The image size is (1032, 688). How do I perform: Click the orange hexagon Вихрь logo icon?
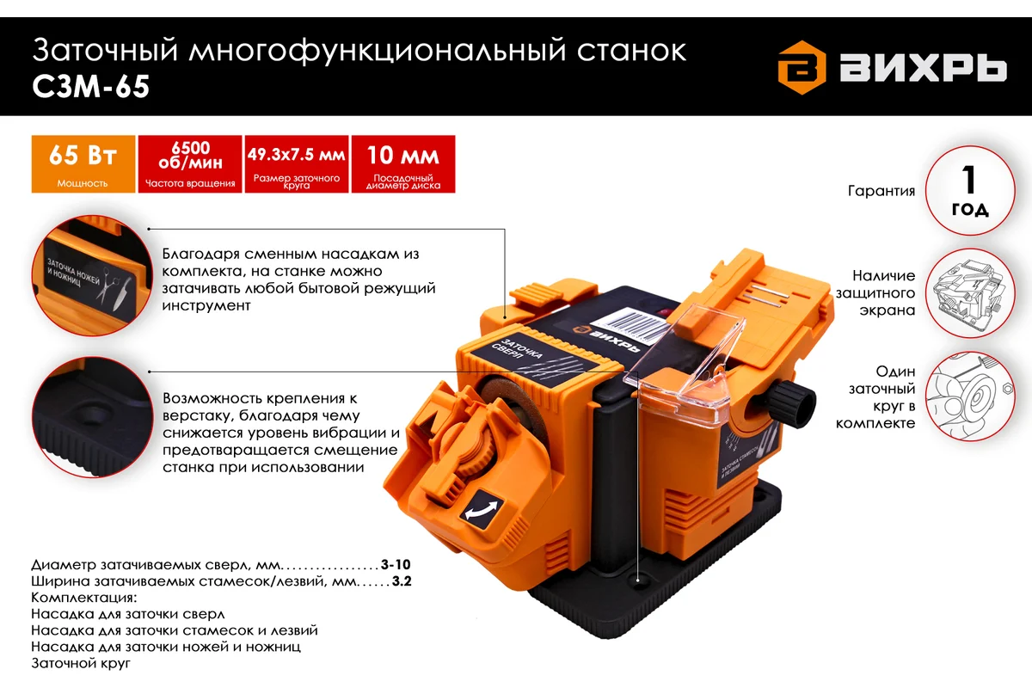click(x=802, y=69)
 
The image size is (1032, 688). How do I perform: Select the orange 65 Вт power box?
click(x=83, y=163)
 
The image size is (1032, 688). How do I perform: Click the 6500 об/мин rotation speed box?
click(x=189, y=163)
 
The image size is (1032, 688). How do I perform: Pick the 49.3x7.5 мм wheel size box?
click(x=296, y=163)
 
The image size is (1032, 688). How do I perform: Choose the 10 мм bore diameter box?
click(x=402, y=163)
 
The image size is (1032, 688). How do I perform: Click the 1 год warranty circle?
click(x=969, y=191)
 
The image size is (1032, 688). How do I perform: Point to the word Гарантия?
click(x=881, y=191)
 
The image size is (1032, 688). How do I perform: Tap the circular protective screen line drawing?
click(x=969, y=292)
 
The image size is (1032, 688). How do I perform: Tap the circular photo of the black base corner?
click(x=83, y=421)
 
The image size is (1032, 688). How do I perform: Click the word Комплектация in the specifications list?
click(x=83, y=598)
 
